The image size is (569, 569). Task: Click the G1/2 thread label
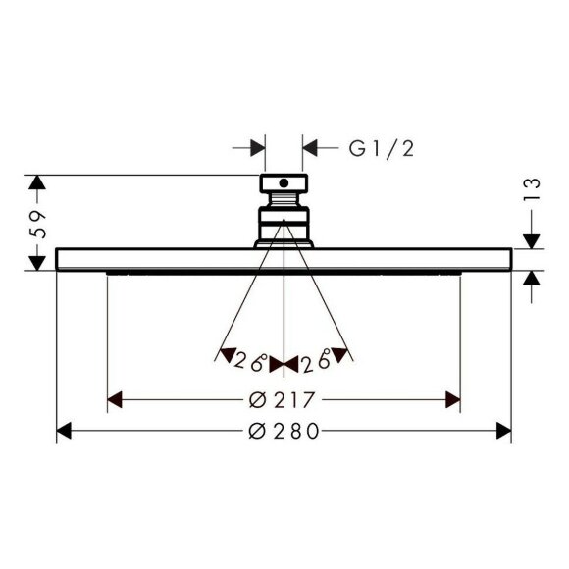point(382,149)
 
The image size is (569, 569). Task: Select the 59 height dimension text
point(38,225)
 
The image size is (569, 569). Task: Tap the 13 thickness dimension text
point(532,188)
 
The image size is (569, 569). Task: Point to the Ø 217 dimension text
point(282,400)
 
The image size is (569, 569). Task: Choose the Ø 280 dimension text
point(284,431)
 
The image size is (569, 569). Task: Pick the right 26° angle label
point(316,360)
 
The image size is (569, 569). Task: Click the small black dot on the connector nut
point(284,183)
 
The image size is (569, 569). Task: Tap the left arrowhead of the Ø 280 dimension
point(64,431)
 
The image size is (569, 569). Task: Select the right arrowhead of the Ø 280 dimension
point(503,431)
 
